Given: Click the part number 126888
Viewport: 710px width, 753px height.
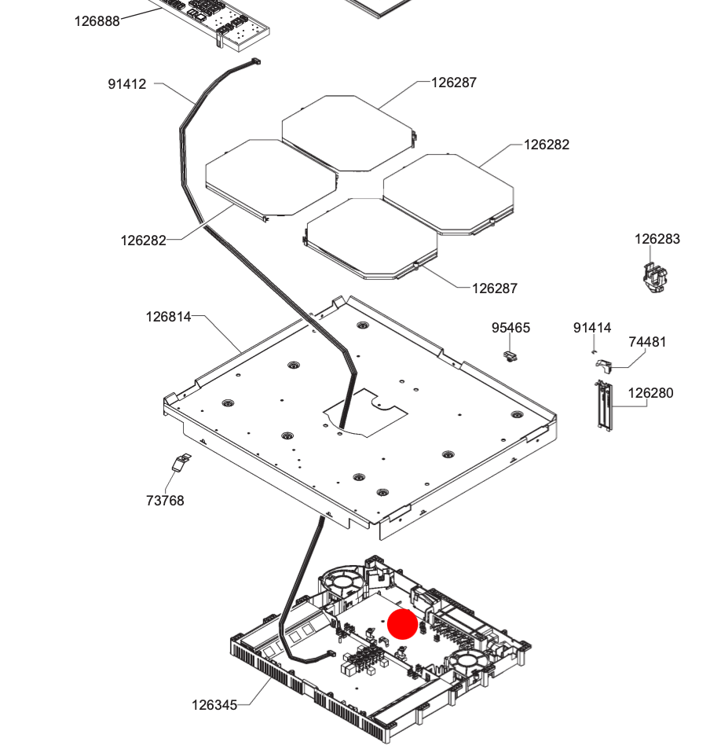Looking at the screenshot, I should pyautogui.click(x=97, y=21).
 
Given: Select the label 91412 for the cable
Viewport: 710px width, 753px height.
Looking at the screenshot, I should pyautogui.click(x=127, y=84).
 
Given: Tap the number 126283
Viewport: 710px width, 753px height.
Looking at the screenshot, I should pyautogui.click(x=657, y=239).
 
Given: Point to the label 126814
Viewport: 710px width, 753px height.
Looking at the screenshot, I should pyautogui.click(x=168, y=317).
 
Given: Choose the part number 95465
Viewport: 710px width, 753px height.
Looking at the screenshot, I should pyautogui.click(x=511, y=328).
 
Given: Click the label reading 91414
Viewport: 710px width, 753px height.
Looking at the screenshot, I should pyautogui.click(x=592, y=328).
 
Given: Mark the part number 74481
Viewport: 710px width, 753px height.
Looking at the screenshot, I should pyautogui.click(x=647, y=342).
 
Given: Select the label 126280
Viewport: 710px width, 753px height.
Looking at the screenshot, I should pyautogui.click(x=650, y=393).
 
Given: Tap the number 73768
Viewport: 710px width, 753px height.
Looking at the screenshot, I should pyautogui.click(x=165, y=501).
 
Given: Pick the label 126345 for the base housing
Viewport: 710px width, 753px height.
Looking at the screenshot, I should pyautogui.click(x=214, y=705).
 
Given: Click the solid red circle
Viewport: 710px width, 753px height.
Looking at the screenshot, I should pyautogui.click(x=403, y=623).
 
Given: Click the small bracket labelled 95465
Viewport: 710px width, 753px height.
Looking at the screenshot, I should pyautogui.click(x=511, y=356).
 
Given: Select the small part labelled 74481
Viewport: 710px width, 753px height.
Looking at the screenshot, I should pyautogui.click(x=604, y=364).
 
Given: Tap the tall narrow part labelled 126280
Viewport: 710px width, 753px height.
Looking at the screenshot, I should pyautogui.click(x=602, y=405).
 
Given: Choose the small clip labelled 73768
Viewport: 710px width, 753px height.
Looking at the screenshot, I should pyautogui.click(x=181, y=463).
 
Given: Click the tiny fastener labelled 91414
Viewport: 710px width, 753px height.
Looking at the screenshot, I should pyautogui.click(x=595, y=351).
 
